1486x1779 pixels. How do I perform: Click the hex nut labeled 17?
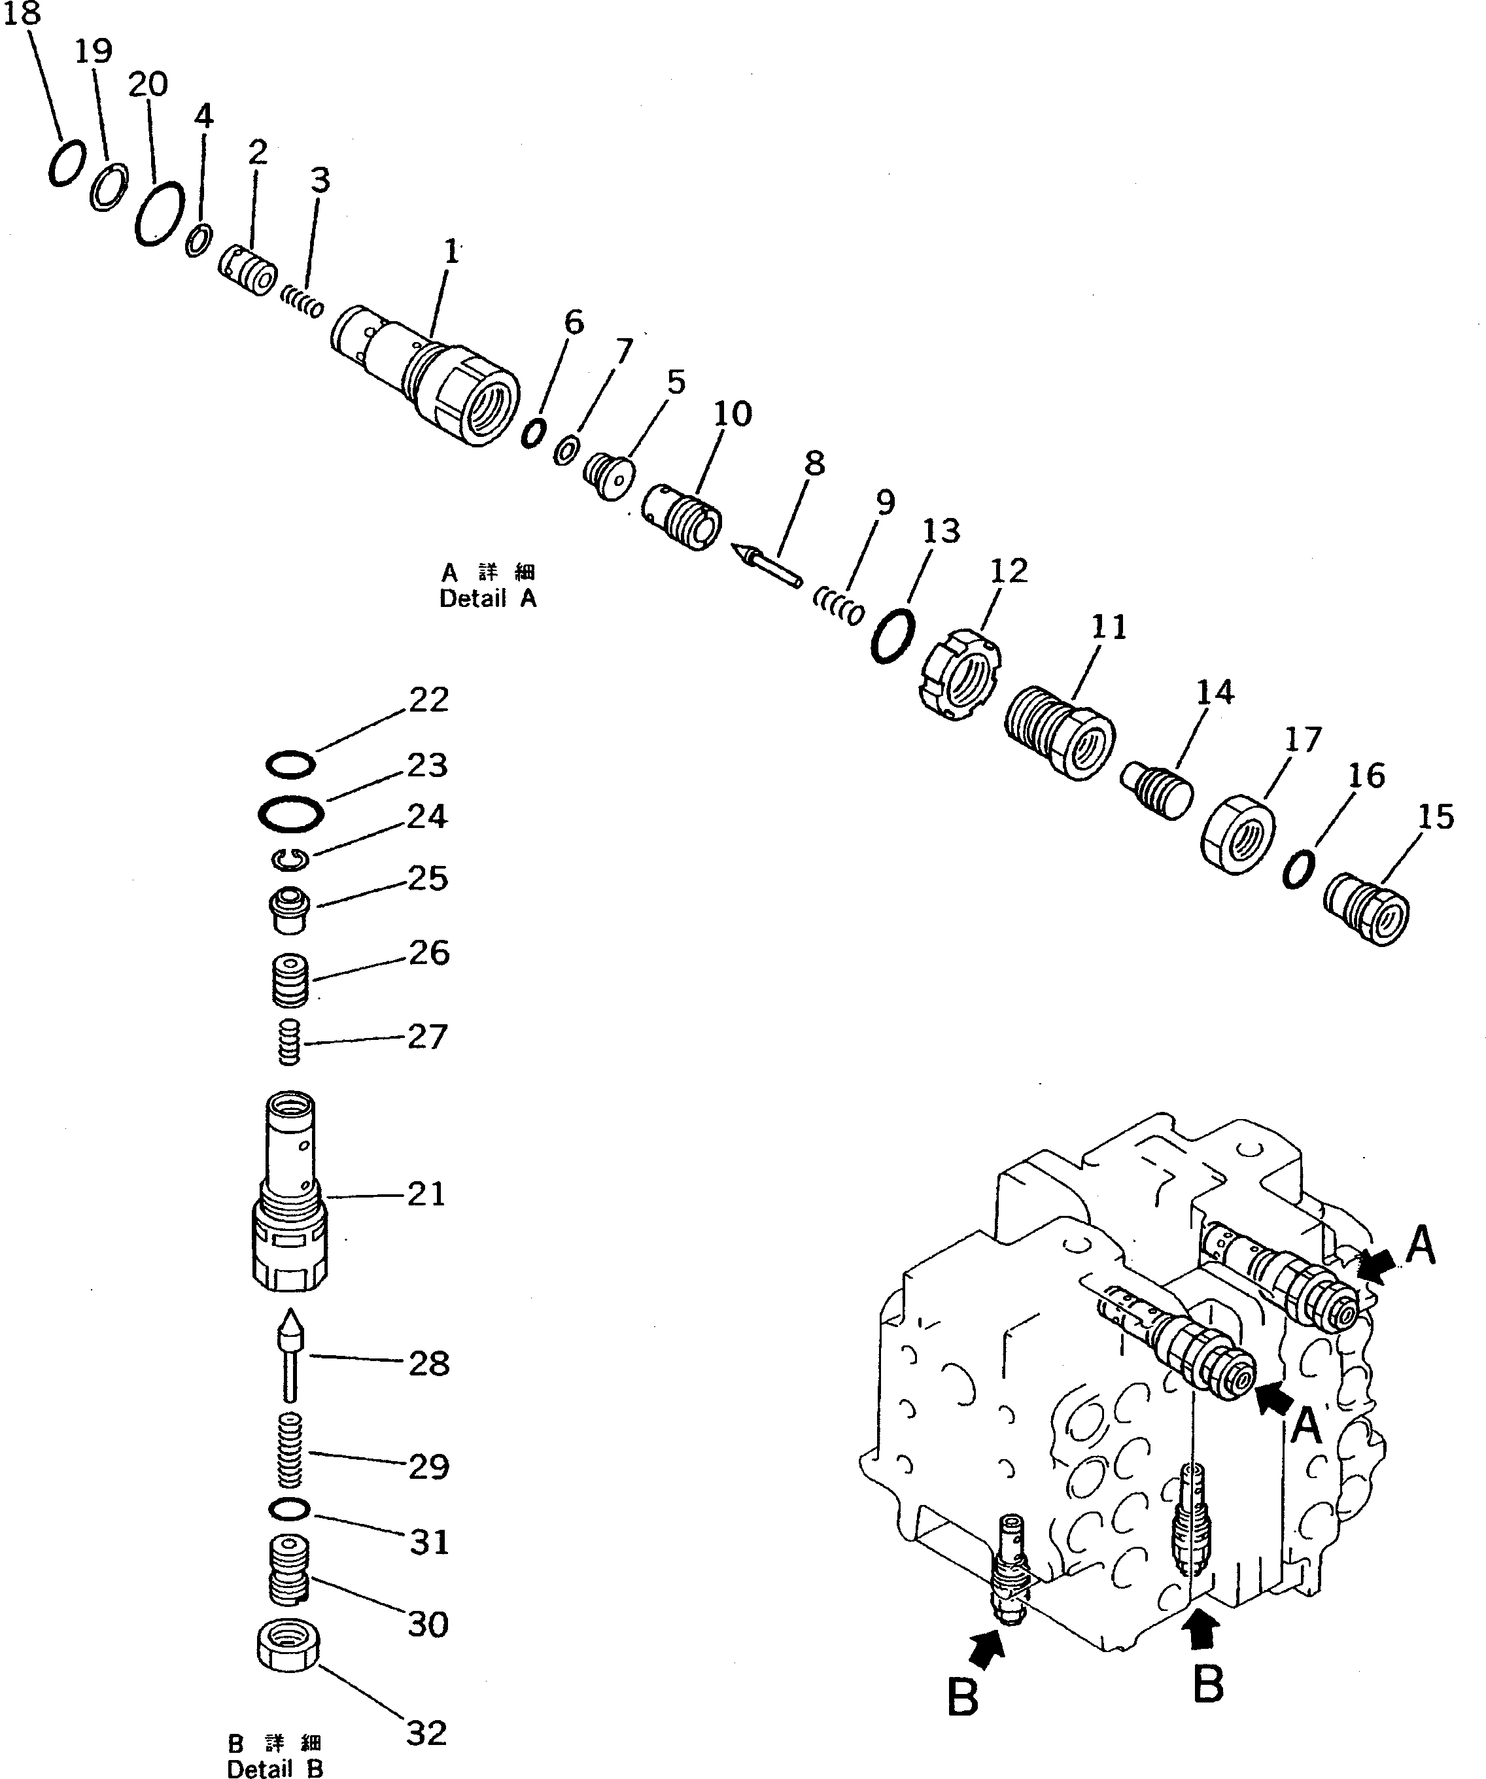tap(1237, 835)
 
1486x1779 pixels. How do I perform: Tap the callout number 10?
tap(732, 413)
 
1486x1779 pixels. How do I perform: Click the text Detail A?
tap(488, 598)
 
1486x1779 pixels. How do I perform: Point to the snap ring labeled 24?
tap(290, 860)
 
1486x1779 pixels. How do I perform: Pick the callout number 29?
tap(428, 1466)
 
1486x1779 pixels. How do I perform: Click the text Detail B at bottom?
tap(275, 1769)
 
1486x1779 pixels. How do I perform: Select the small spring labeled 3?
tap(302, 301)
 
